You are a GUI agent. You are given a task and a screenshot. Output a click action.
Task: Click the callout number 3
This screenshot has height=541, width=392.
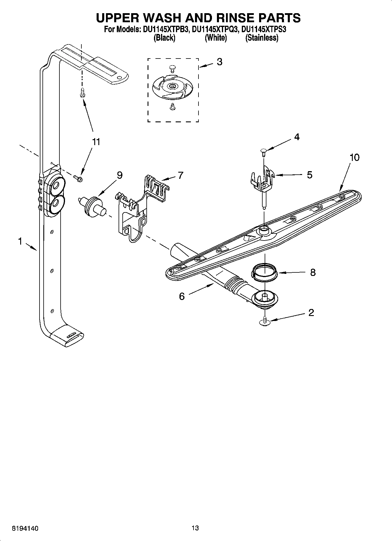pos(219,62)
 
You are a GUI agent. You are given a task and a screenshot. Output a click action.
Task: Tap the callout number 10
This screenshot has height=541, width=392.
pos(354,157)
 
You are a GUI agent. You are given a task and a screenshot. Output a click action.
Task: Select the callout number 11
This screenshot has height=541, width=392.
pos(96,142)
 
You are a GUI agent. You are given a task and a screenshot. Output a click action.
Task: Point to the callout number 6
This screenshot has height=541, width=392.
pos(182,296)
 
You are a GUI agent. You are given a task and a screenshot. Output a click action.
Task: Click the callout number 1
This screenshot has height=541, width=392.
pos(20,241)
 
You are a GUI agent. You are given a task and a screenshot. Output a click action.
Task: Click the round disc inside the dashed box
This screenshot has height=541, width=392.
pos(173,86)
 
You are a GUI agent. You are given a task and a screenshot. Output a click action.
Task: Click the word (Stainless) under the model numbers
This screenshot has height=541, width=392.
pos(261,38)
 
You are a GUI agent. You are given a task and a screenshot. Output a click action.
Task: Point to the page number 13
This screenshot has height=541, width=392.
pos(195,528)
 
